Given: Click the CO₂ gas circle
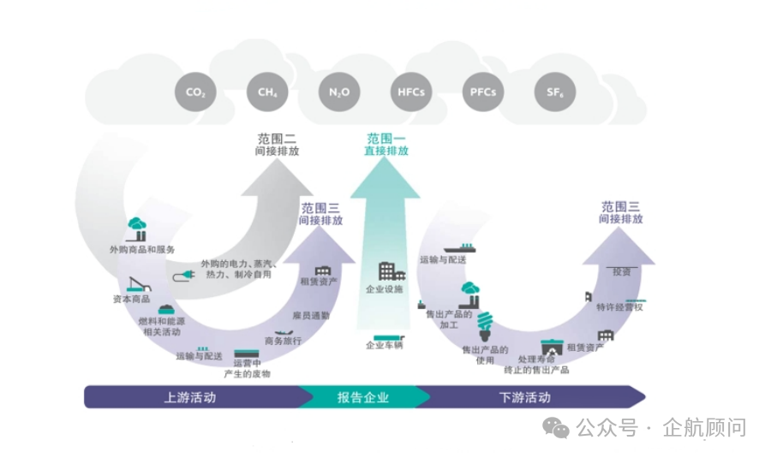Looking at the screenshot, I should click(195, 92).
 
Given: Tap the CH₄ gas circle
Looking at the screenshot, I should click(267, 92).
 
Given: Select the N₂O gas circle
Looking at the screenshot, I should click(338, 92).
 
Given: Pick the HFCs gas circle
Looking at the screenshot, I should click(411, 92).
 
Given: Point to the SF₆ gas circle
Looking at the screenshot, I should click(554, 92).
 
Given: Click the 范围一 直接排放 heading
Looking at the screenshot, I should click(386, 144).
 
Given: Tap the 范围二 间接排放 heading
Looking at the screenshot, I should click(277, 144).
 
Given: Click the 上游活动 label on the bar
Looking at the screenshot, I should click(189, 397).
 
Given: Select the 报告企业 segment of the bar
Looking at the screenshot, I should click(362, 397).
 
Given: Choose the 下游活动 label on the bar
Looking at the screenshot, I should click(524, 397).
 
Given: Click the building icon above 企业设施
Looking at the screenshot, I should click(391, 272).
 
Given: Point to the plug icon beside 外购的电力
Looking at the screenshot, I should click(184, 275).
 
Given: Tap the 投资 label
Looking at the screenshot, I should click(621, 271).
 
